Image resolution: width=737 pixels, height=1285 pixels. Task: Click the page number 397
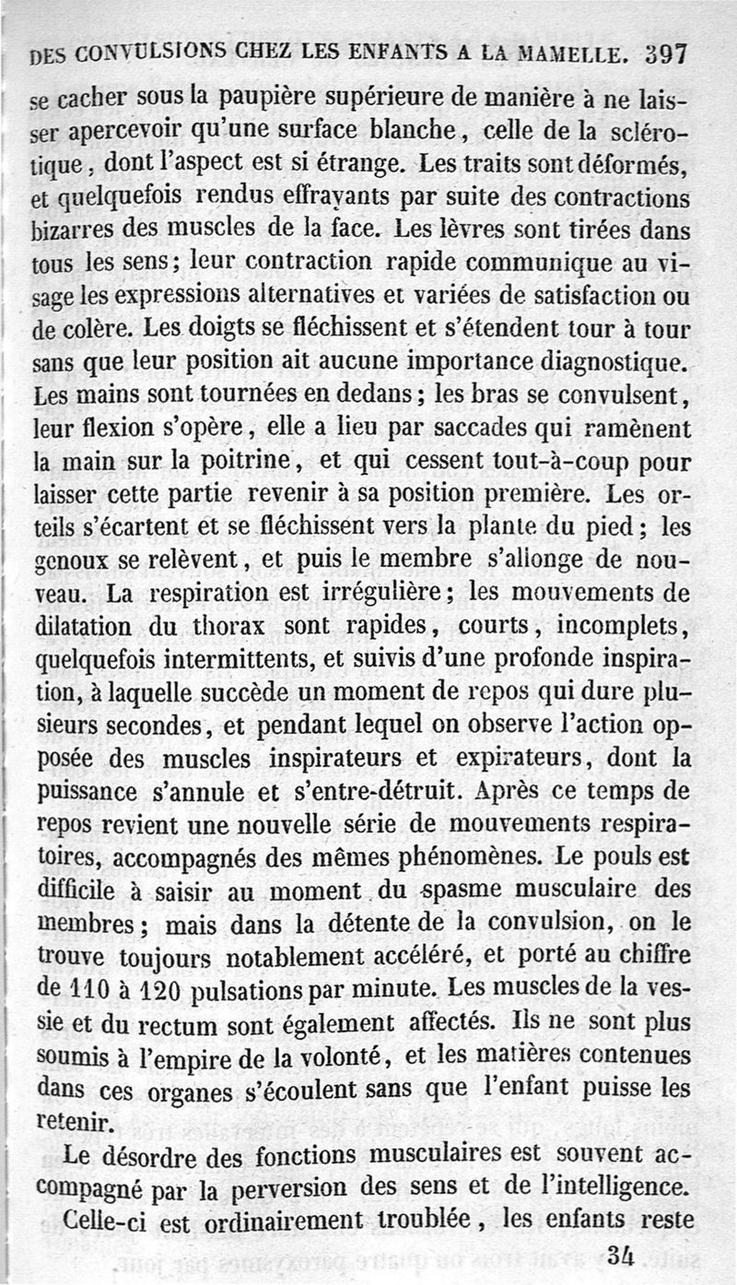666,53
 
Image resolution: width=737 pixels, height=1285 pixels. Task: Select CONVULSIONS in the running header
146,55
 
